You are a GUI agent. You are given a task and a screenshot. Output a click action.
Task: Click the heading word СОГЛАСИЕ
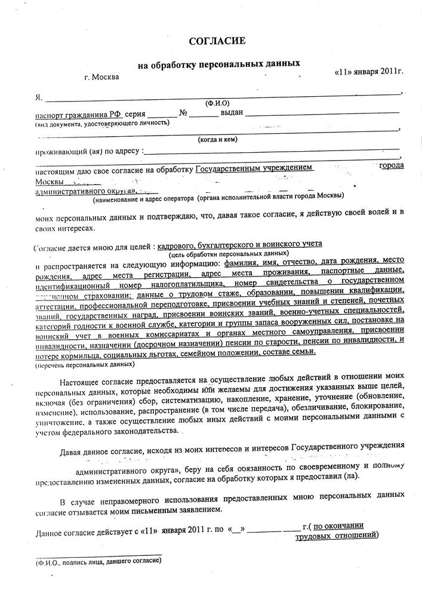point(217,41)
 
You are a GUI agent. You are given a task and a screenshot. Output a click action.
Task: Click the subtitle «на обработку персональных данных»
point(218,63)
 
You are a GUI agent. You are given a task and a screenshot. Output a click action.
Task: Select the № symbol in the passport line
point(184,113)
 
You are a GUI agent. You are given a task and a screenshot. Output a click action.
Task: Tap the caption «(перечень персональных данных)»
point(85,364)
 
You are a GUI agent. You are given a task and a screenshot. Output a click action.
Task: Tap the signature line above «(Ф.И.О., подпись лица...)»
point(98,554)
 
